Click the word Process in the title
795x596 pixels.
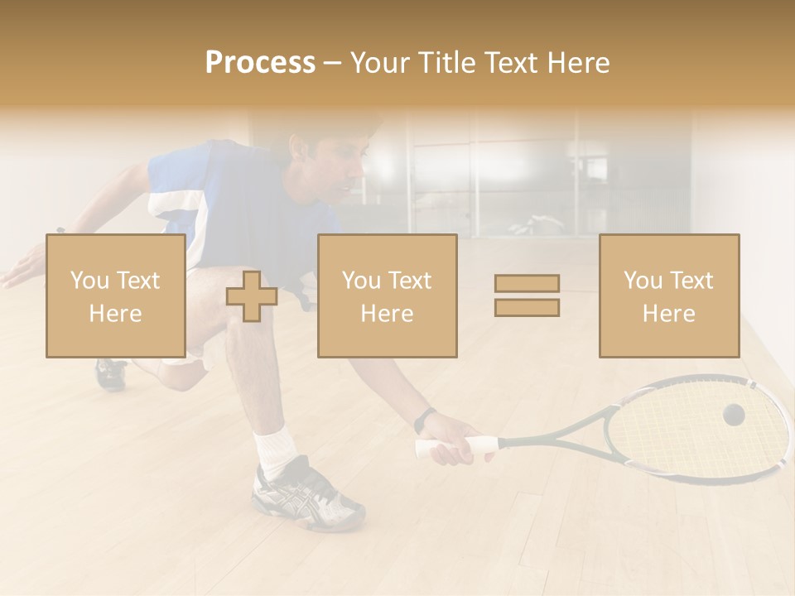pyautogui.click(x=260, y=62)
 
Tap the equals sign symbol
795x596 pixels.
pyautogui.click(x=527, y=296)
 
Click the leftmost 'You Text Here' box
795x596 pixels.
pyautogui.click(x=115, y=296)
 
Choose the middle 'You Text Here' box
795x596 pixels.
pyautogui.click(x=387, y=296)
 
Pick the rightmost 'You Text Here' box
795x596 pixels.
pyautogui.click(x=668, y=296)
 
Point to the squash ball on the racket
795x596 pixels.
pyautogui.click(x=733, y=415)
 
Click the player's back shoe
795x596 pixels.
pyautogui.click(x=110, y=373)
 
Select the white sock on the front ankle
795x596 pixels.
pyautogui.click(x=275, y=449)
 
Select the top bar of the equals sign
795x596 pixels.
pyautogui.click(x=527, y=283)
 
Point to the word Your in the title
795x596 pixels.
pyautogui.click(x=381, y=62)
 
